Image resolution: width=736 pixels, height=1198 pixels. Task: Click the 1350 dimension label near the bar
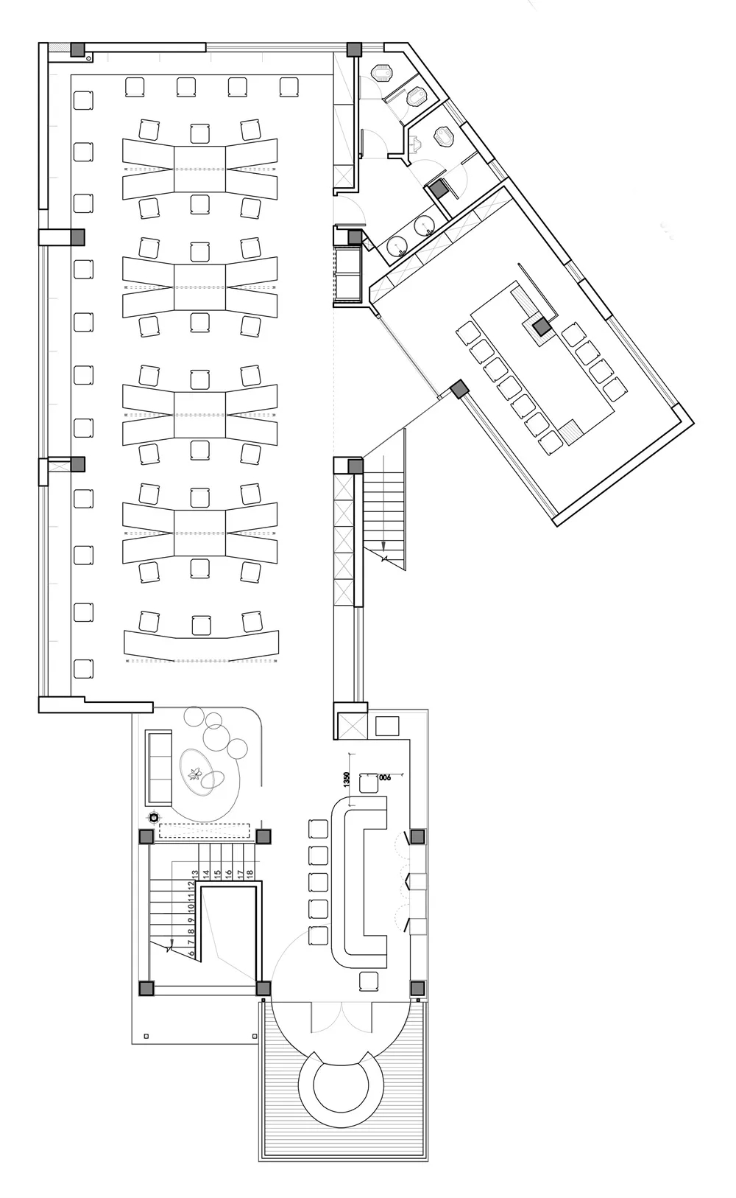click(346, 780)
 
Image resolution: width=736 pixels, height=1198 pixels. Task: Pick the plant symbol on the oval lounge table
click(196, 773)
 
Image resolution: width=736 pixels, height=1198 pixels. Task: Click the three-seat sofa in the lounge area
click(159, 766)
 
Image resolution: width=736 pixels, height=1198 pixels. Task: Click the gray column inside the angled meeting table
click(542, 327)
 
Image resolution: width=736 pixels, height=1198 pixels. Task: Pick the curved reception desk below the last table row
click(202, 644)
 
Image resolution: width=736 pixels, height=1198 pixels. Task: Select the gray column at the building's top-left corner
click(77, 49)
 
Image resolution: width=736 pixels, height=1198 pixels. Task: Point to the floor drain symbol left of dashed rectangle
click(153, 816)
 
